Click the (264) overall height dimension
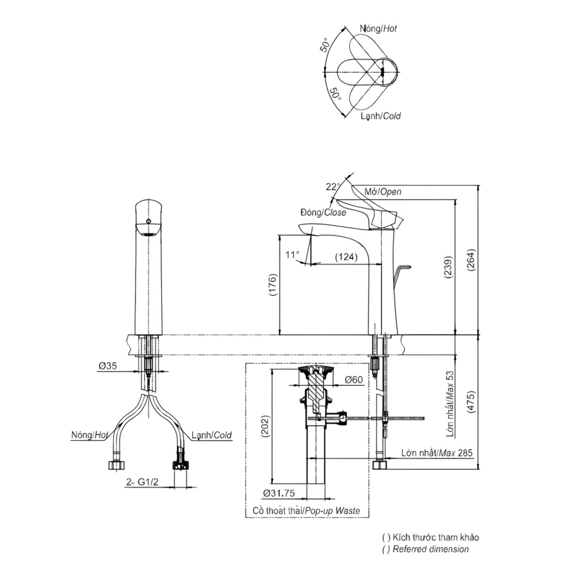tap(470, 260)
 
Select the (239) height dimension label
tap(448, 267)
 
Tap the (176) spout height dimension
tap(273, 284)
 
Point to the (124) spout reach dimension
tap(346, 257)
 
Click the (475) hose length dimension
tap(470, 401)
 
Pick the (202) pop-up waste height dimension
tap(266, 426)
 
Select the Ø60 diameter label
tap(354, 379)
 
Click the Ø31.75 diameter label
tap(279, 493)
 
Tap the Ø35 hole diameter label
tap(107, 366)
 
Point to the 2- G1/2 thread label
tap(142, 482)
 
